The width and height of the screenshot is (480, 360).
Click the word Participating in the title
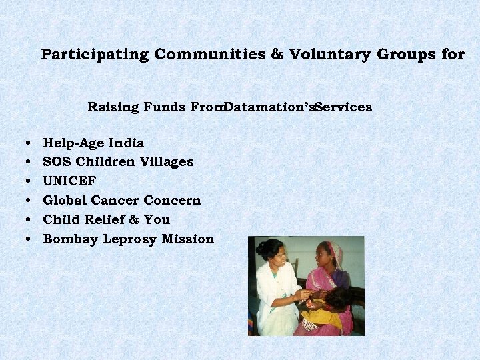95,55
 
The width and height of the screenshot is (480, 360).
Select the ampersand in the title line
277,55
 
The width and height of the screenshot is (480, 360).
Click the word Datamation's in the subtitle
269,107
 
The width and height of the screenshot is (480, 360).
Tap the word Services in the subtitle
344,107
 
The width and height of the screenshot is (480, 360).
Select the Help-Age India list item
93,143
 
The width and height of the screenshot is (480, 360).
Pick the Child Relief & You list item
106,219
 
